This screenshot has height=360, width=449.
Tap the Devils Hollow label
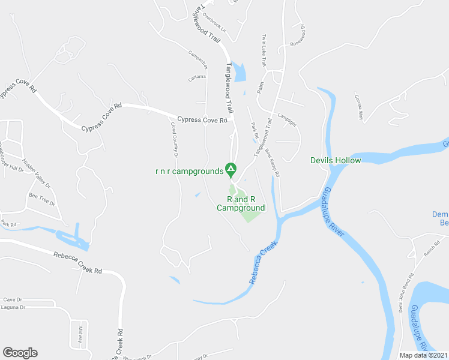point(336,160)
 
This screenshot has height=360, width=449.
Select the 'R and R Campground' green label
point(241,203)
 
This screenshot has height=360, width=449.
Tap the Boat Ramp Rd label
point(274,163)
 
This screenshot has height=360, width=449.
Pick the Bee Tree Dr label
point(42,199)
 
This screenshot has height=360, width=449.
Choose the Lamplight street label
point(287,119)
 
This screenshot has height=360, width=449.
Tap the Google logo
point(20,353)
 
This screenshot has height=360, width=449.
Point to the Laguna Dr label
point(14,307)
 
